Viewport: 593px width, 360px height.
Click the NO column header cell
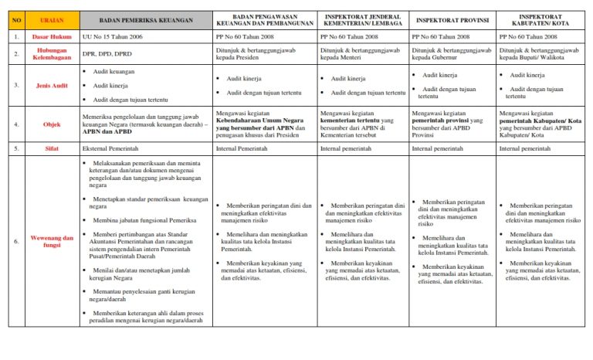coord(16,19)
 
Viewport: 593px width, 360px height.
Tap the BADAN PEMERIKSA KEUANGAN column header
coord(144,19)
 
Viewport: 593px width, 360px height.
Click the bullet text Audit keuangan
coord(114,71)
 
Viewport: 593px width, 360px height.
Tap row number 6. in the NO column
coord(16,240)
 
